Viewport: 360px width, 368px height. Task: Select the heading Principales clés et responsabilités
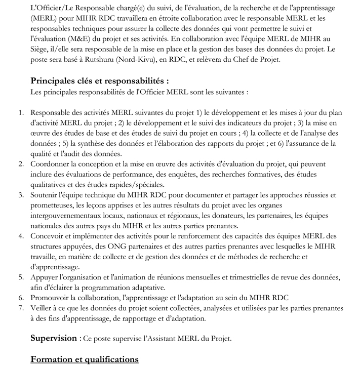[100, 81]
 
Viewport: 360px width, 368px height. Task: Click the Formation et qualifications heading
[85, 359]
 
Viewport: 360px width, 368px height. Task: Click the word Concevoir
[49, 236]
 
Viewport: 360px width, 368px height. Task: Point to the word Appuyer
[46, 277]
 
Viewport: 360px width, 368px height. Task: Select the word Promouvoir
[53, 298]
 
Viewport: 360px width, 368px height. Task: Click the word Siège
[41, 50]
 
